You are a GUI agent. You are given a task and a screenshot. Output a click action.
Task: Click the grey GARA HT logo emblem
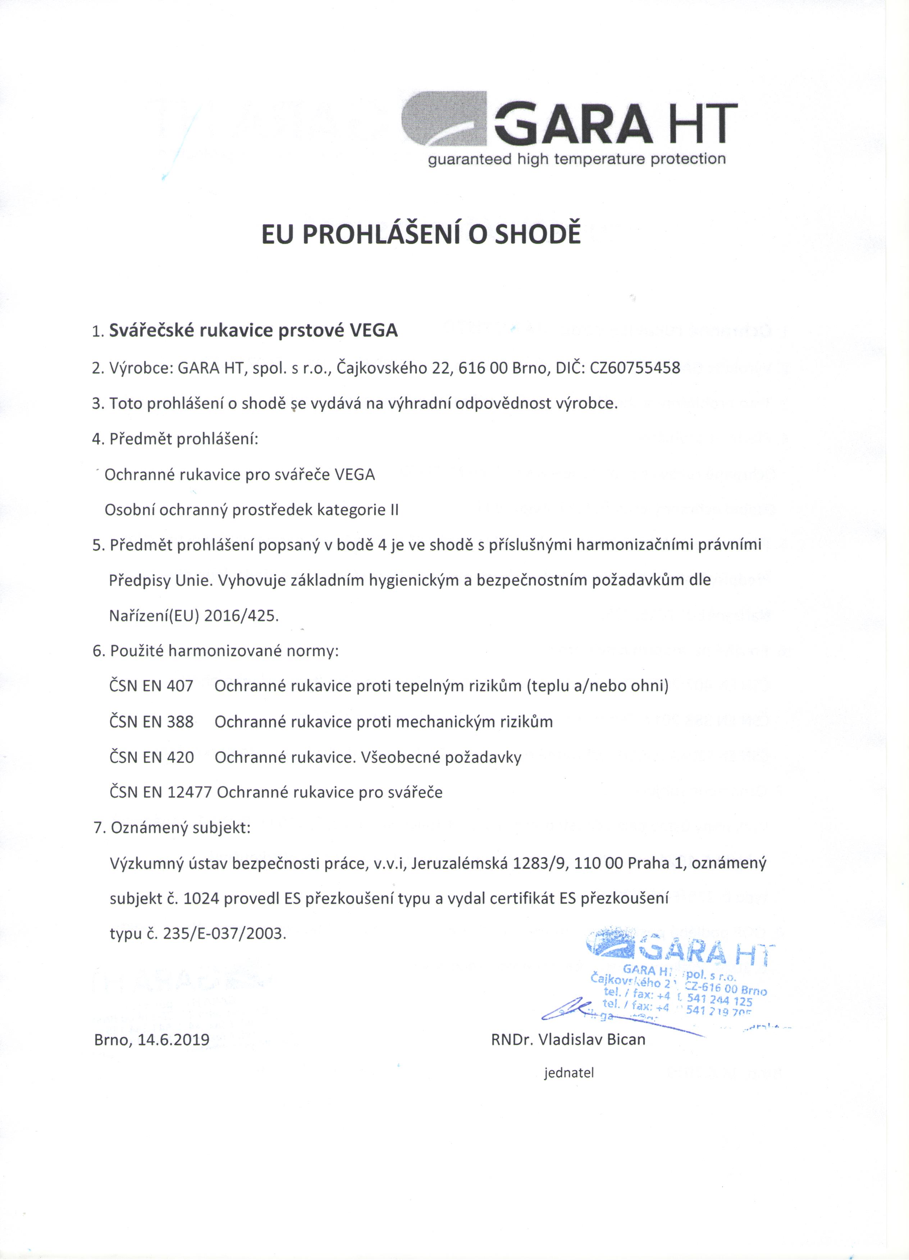point(444,119)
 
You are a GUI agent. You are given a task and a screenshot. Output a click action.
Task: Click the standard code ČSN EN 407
point(151,686)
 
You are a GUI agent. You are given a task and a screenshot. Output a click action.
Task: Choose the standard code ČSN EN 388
point(151,722)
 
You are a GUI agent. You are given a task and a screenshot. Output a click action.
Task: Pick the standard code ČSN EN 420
point(151,757)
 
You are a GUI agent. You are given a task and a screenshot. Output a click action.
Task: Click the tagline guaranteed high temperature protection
point(576,160)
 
